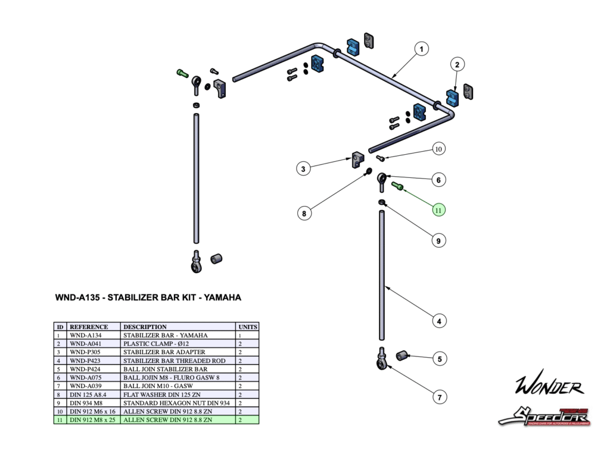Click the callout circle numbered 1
point(421,49)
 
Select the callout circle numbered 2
point(457,64)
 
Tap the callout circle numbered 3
point(304,170)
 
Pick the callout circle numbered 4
point(438,321)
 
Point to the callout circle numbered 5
point(439,359)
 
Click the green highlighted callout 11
point(438,209)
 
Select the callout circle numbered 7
point(438,396)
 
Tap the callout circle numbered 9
point(438,241)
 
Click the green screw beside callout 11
point(397,186)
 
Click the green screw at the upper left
point(182,73)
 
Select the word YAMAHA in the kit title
point(222,298)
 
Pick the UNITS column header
point(247,327)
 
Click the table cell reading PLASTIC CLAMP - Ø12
point(153,343)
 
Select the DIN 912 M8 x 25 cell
point(94,420)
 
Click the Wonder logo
point(549,387)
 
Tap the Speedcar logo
point(544,415)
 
